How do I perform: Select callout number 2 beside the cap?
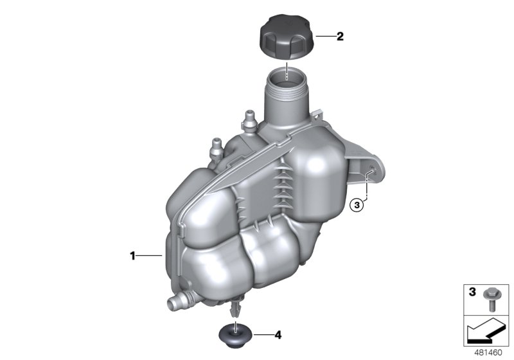pyautogui.click(x=341, y=37)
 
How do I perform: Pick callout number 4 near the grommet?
pyautogui.click(x=278, y=334)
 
